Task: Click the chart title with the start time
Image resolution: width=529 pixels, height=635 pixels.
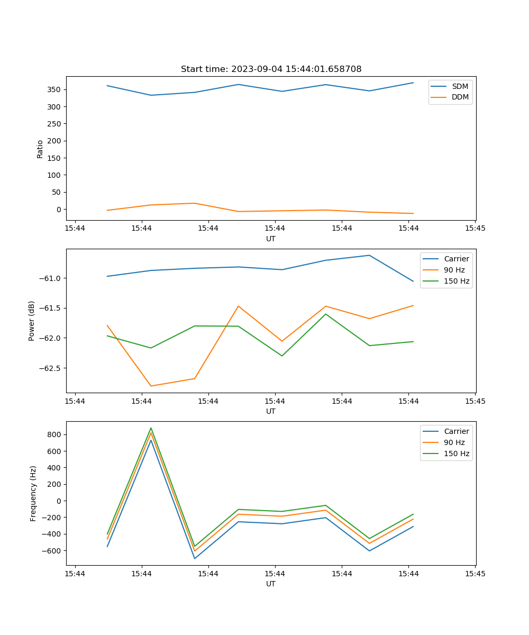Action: (271, 69)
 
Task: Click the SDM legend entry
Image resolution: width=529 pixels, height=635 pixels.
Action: (460, 86)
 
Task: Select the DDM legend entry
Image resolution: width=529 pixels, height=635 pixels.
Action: (460, 97)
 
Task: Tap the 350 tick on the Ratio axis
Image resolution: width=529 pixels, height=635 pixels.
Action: (56, 89)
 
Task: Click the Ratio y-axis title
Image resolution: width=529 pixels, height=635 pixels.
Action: (40, 149)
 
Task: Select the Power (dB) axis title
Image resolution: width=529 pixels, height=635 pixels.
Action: (32, 321)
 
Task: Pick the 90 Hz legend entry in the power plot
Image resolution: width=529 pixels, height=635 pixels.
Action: (454, 270)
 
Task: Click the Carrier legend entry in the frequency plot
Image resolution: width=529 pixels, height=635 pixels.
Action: (456, 431)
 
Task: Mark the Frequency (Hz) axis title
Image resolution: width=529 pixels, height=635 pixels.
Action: (33, 493)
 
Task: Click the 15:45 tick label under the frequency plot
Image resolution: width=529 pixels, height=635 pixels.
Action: (475, 573)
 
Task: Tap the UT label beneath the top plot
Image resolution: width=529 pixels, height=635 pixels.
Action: (271, 239)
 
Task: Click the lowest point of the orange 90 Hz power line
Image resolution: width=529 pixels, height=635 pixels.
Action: (151, 386)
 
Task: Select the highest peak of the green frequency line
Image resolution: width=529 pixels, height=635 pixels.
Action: (151, 428)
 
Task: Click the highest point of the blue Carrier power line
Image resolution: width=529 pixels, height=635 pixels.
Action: (369, 255)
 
